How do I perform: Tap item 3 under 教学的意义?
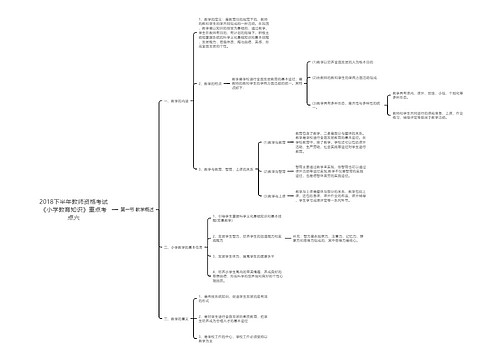249,338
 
